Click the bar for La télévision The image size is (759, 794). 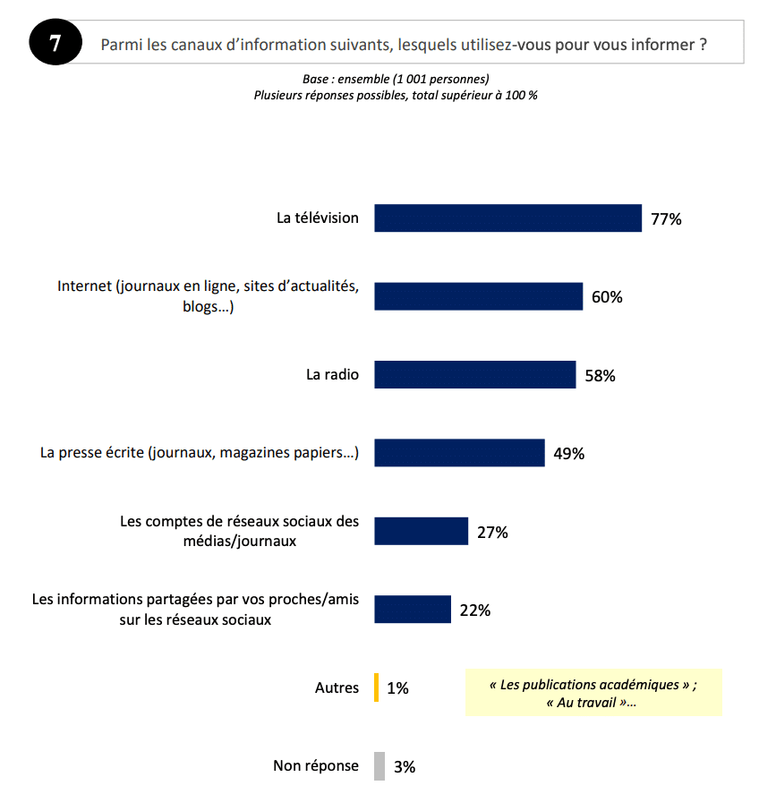(x=507, y=218)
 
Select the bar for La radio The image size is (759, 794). (x=474, y=375)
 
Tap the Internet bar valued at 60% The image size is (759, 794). (x=479, y=296)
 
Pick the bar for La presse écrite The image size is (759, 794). (x=459, y=453)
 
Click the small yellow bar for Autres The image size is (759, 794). (x=378, y=687)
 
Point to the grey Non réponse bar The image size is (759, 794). (x=379, y=766)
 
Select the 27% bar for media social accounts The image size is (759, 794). (x=421, y=531)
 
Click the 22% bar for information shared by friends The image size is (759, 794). (x=412, y=610)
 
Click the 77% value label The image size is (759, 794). (x=666, y=219)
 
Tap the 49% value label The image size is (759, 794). (x=568, y=454)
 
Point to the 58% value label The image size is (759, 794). (x=600, y=376)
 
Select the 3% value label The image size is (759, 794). (x=405, y=767)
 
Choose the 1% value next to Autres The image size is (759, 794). (x=397, y=688)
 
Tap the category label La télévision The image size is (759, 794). (x=318, y=218)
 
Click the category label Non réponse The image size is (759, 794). (x=316, y=765)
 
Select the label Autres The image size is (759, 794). (x=337, y=687)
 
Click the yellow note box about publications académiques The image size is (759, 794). (x=593, y=693)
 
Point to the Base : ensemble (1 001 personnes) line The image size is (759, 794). (x=396, y=80)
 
